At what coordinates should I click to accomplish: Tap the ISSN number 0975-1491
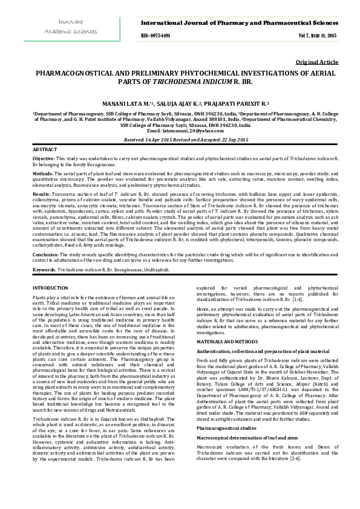pyautogui.click(x=157, y=36)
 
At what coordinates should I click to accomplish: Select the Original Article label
pyautogui.click(x=316, y=62)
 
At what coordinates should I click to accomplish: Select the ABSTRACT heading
pyautogui.click(x=45, y=149)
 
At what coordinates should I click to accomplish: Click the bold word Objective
pyautogui.click(x=43, y=158)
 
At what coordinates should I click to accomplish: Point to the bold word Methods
pyautogui.click(x=42, y=172)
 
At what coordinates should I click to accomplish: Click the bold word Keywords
pyautogui.click(x=44, y=268)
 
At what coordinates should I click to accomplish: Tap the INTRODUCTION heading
pyautogui.click(x=50, y=288)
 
